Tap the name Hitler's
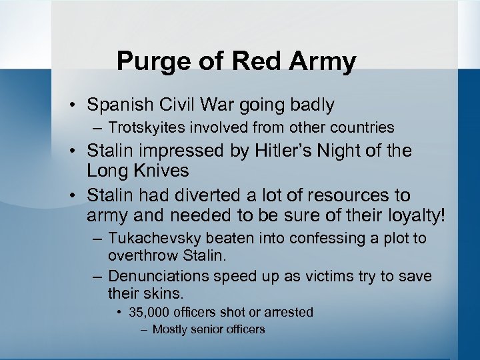pos(277,151)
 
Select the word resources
pos(352,196)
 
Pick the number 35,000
pos(151,312)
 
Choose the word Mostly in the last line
pos(171,329)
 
